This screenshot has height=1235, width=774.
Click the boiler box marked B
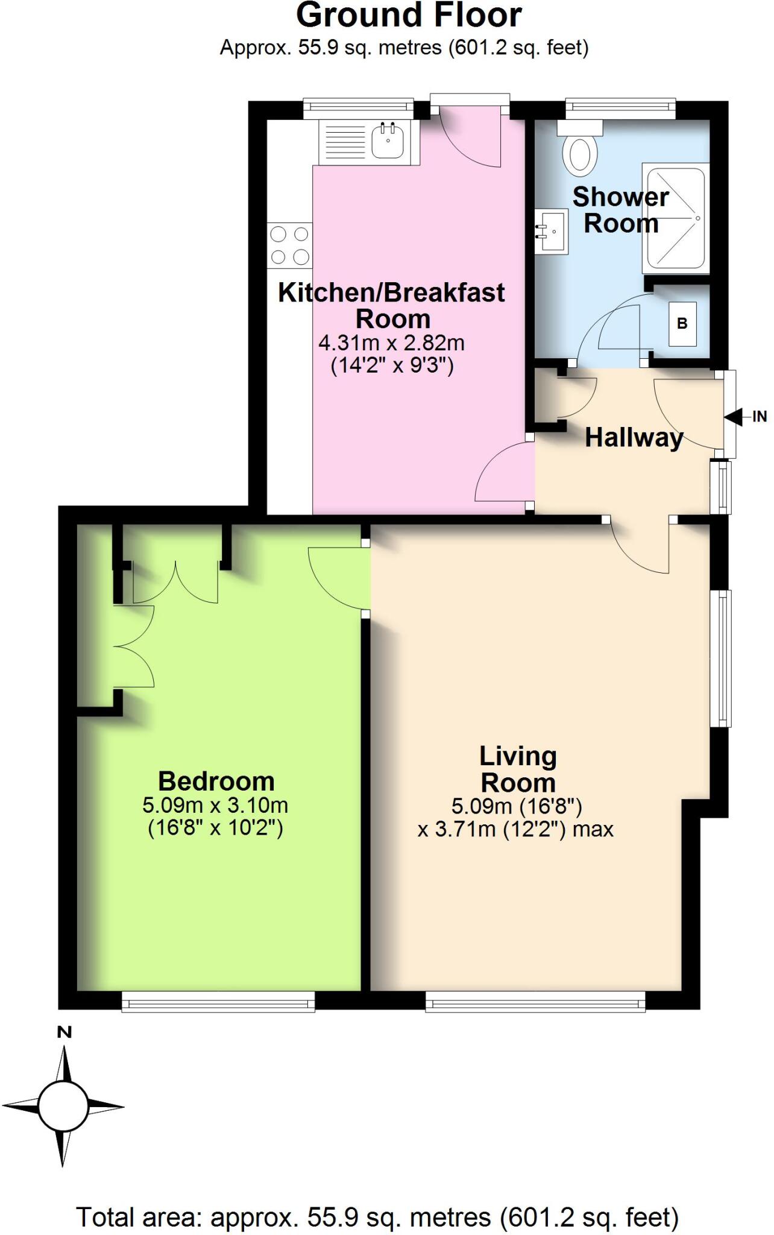coord(682,324)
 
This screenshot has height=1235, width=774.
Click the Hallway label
coord(634,437)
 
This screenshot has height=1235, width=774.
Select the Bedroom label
coord(216,782)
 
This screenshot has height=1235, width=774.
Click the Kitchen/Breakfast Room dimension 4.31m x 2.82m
coord(392,343)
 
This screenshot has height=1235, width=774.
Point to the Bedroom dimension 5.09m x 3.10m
coord(215,805)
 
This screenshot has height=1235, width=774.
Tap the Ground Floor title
coord(409,16)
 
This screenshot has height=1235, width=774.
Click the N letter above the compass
coord(64,1032)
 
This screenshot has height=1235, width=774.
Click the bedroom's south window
coord(218,1002)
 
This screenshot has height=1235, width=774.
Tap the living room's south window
coord(535,1002)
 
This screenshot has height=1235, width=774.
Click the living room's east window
coord(720,658)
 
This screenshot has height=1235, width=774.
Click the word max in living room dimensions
coord(593,829)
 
